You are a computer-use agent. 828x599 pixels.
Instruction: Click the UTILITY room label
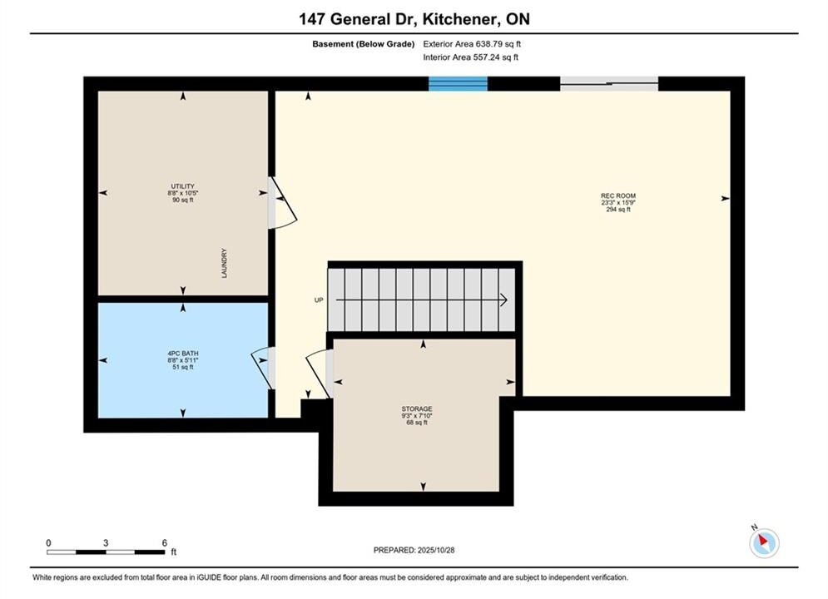(183, 186)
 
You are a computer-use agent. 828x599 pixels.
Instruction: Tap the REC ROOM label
(618, 196)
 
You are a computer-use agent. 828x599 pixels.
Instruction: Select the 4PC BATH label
(183, 354)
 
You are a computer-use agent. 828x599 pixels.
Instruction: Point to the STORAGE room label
(417, 409)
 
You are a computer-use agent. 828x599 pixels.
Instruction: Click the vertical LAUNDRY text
(224, 264)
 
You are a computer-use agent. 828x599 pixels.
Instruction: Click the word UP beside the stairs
(319, 300)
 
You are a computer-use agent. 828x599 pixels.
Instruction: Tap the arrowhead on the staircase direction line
(503, 300)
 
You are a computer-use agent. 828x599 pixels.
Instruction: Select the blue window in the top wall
(458, 84)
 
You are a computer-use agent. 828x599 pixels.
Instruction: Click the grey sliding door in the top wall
(609, 84)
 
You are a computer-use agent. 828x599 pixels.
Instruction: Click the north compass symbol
(764, 542)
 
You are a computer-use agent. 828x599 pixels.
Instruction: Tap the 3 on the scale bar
(106, 543)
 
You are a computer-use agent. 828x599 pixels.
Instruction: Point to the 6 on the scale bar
(164, 543)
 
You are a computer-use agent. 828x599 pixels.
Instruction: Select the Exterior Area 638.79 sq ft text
(472, 44)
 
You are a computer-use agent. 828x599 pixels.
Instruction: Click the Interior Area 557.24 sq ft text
(470, 57)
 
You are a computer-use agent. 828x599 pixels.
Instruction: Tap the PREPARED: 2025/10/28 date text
(414, 550)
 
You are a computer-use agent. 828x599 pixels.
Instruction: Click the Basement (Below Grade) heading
(364, 44)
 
